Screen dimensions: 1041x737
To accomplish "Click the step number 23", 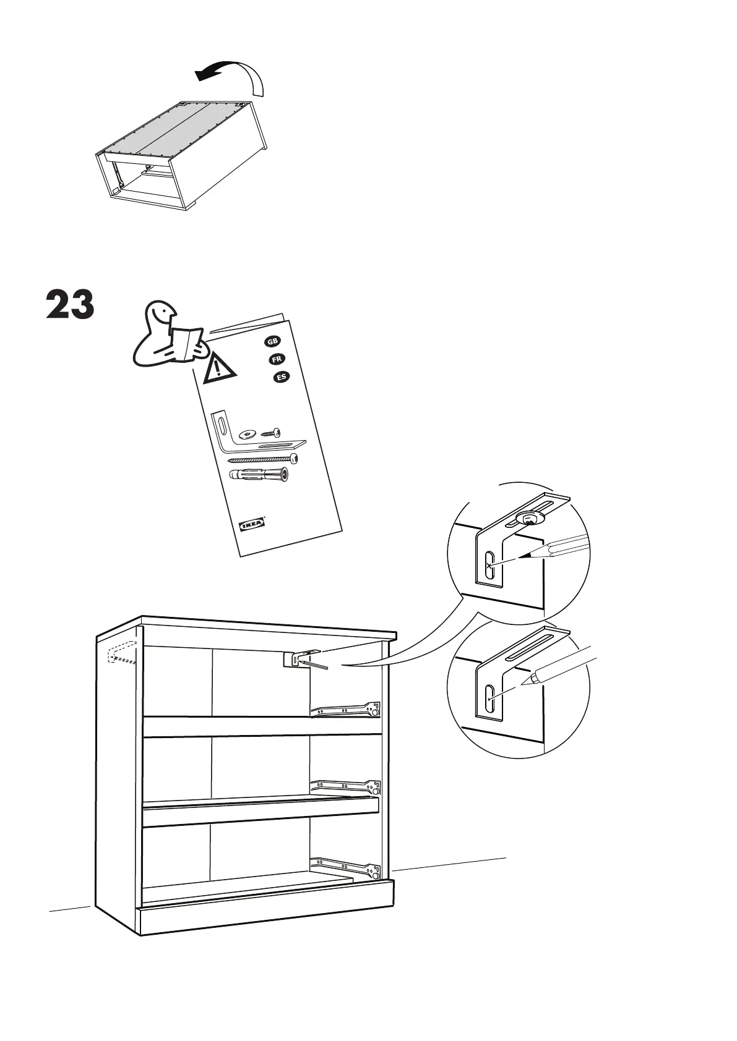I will click(70, 305).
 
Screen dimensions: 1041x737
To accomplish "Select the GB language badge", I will click(272, 342).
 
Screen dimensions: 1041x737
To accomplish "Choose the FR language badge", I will click(277, 359).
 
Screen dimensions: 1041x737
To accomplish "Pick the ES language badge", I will click(282, 377).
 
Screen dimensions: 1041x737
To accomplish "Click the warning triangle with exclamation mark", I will click(218, 368).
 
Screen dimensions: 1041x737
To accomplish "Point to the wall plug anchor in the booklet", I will click(259, 475).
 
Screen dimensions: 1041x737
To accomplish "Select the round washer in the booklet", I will click(248, 433).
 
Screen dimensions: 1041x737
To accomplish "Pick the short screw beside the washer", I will click(271, 431).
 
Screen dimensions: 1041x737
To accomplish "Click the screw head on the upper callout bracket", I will click(529, 518).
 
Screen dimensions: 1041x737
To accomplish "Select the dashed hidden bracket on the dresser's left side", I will click(122, 653).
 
